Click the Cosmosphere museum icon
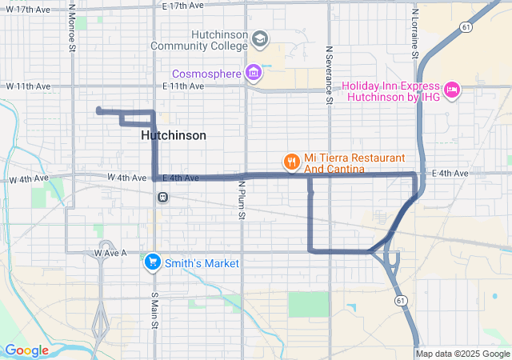click(254, 74)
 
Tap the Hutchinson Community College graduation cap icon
click(259, 38)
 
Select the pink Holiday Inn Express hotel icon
click(450, 91)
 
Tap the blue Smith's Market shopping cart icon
click(151, 262)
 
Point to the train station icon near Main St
click(162, 197)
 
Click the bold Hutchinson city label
click(173, 135)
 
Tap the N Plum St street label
click(240, 200)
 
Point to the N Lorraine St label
click(415, 30)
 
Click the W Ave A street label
click(110, 253)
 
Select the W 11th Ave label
click(30, 86)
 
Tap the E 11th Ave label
click(185, 86)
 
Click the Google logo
click(26, 350)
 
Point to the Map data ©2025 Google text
click(462, 354)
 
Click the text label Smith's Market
click(202, 262)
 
